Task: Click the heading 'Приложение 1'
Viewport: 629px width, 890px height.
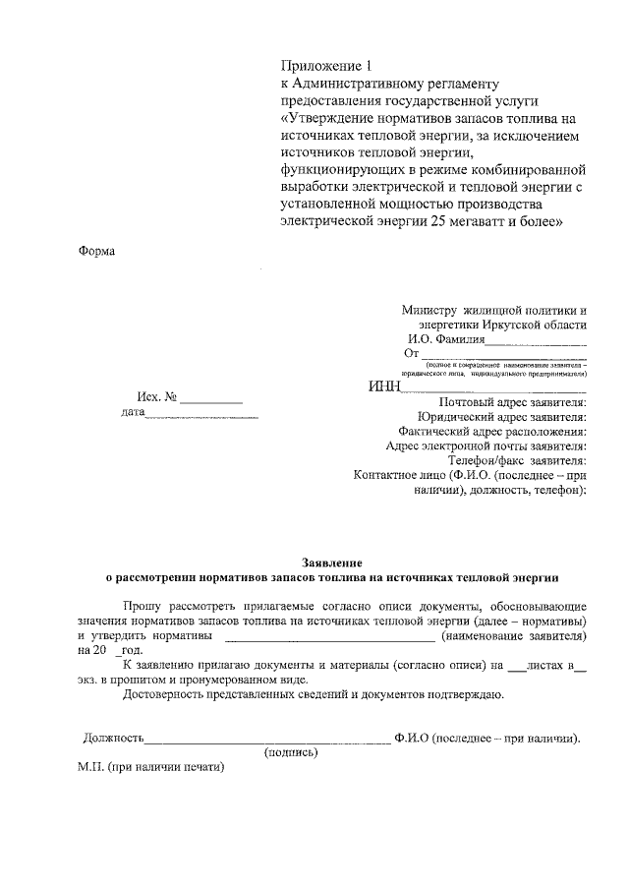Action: [x=327, y=67]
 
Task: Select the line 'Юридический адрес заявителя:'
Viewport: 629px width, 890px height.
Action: [x=502, y=416]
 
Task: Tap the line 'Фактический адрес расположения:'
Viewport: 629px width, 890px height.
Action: [x=493, y=431]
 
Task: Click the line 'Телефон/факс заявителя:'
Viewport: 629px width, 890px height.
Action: [x=518, y=459]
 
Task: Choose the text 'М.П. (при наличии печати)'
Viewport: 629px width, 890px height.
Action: [x=152, y=768]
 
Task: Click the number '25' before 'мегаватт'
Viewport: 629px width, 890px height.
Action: [x=438, y=221]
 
